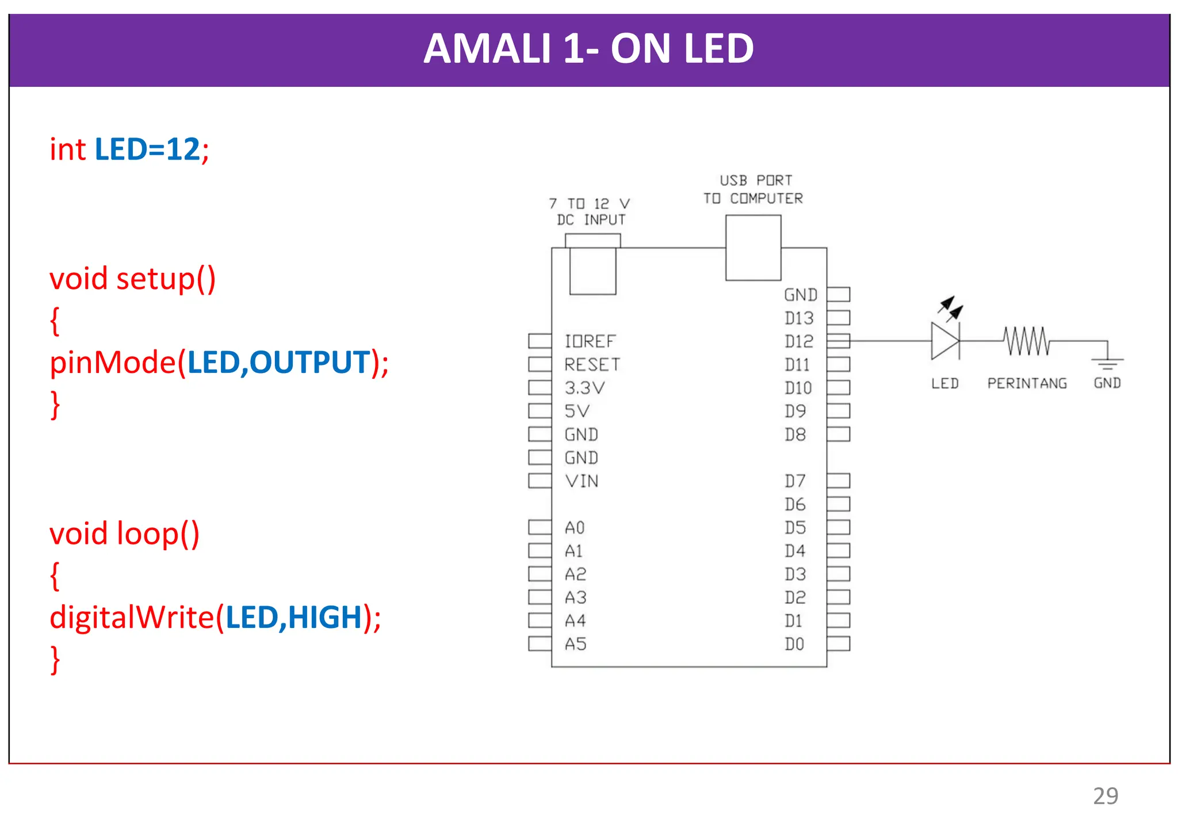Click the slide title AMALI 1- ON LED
coord(588,48)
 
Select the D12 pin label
coord(799,341)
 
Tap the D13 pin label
coord(799,318)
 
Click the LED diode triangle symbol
coord(944,341)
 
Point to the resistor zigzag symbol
coord(1027,341)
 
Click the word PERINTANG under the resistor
coord(1027,383)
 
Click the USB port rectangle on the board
coord(753,248)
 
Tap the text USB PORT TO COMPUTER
coord(753,189)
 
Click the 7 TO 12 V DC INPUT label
coord(590,211)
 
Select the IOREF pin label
coord(590,341)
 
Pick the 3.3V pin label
coord(584,388)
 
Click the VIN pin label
coord(582,481)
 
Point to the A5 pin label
coord(575,644)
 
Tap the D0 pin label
coord(794,644)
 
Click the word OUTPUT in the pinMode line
coord(309,362)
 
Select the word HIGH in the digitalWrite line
coord(324,617)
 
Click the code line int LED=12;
coord(129,149)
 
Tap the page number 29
coord(1105,796)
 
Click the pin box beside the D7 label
coord(839,481)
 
